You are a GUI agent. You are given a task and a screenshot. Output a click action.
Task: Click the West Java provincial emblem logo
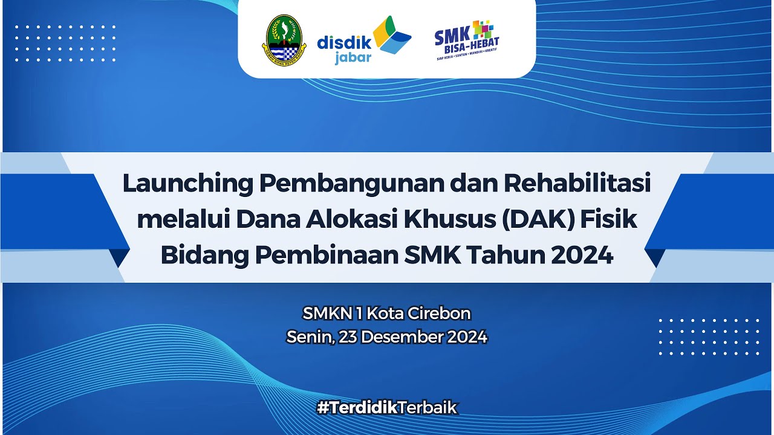(x=284, y=39)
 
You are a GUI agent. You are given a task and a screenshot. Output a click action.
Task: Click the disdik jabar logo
(x=363, y=40)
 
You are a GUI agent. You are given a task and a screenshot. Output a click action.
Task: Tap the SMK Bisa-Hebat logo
(x=467, y=40)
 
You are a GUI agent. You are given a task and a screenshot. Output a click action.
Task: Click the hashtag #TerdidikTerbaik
(x=387, y=408)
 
